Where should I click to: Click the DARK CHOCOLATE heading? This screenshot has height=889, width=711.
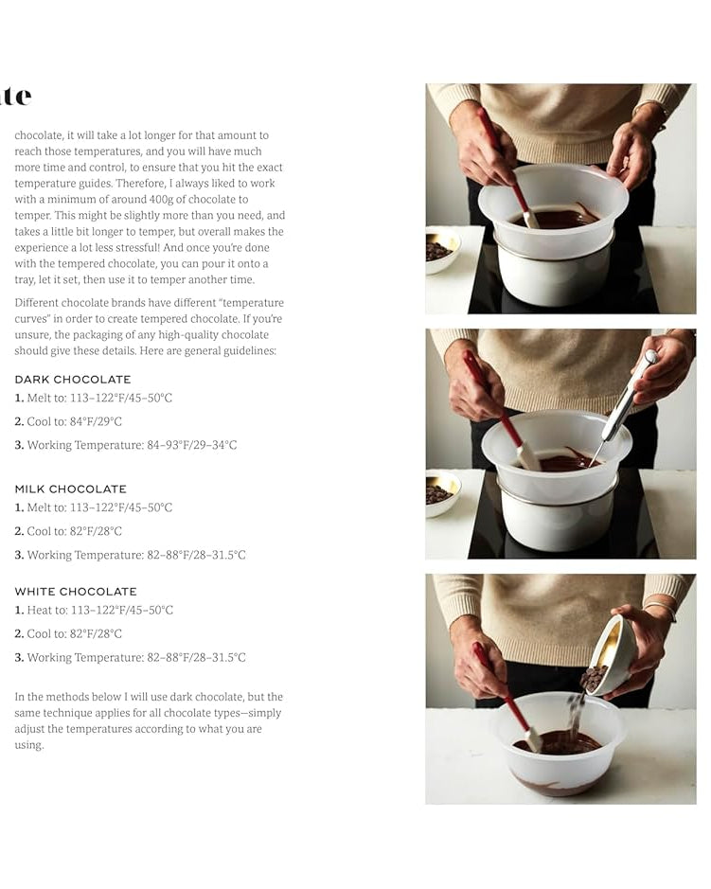(x=73, y=380)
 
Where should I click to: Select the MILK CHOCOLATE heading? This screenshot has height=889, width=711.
(x=70, y=489)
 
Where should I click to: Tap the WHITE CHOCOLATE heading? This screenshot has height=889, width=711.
(x=76, y=592)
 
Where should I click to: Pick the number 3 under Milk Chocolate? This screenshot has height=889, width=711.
(x=19, y=556)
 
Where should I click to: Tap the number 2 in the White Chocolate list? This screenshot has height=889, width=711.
(x=19, y=634)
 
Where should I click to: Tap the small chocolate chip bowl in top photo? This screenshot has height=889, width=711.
(x=440, y=250)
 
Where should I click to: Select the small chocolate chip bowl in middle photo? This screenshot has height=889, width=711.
(x=441, y=489)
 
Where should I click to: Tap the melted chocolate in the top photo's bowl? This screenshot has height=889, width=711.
(x=559, y=218)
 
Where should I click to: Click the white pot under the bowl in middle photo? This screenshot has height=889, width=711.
(x=549, y=525)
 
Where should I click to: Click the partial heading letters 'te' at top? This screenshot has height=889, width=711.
(x=16, y=96)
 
